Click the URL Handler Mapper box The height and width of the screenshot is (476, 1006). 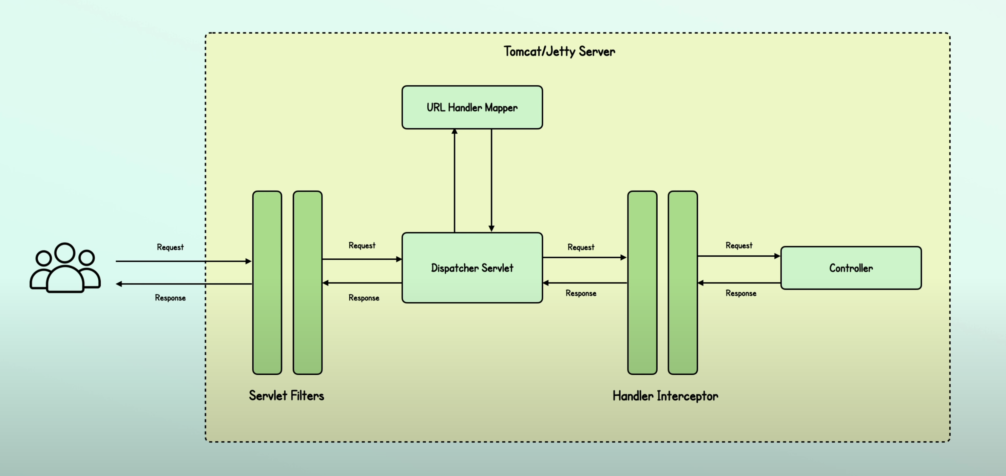click(x=472, y=107)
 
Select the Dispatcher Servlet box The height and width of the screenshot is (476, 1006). click(x=472, y=268)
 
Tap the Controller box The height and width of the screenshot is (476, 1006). click(x=851, y=268)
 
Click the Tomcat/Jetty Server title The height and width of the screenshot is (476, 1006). click(x=559, y=52)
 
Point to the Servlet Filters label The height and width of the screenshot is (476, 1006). click(x=286, y=396)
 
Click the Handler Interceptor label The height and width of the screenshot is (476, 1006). click(x=665, y=396)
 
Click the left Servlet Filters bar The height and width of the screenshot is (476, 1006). click(x=267, y=282)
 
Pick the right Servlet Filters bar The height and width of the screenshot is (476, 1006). click(x=307, y=282)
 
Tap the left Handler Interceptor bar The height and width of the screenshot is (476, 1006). click(x=642, y=282)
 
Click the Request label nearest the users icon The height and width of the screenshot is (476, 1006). click(x=170, y=247)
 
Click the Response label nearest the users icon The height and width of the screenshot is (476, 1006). click(x=170, y=298)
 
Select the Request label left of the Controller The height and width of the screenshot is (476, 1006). click(x=738, y=245)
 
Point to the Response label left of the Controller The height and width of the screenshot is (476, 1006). click(x=740, y=293)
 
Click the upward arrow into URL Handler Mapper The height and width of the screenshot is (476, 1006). click(x=454, y=180)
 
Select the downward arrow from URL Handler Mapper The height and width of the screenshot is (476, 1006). click(x=491, y=180)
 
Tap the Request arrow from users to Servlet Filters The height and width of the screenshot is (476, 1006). click(x=183, y=261)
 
